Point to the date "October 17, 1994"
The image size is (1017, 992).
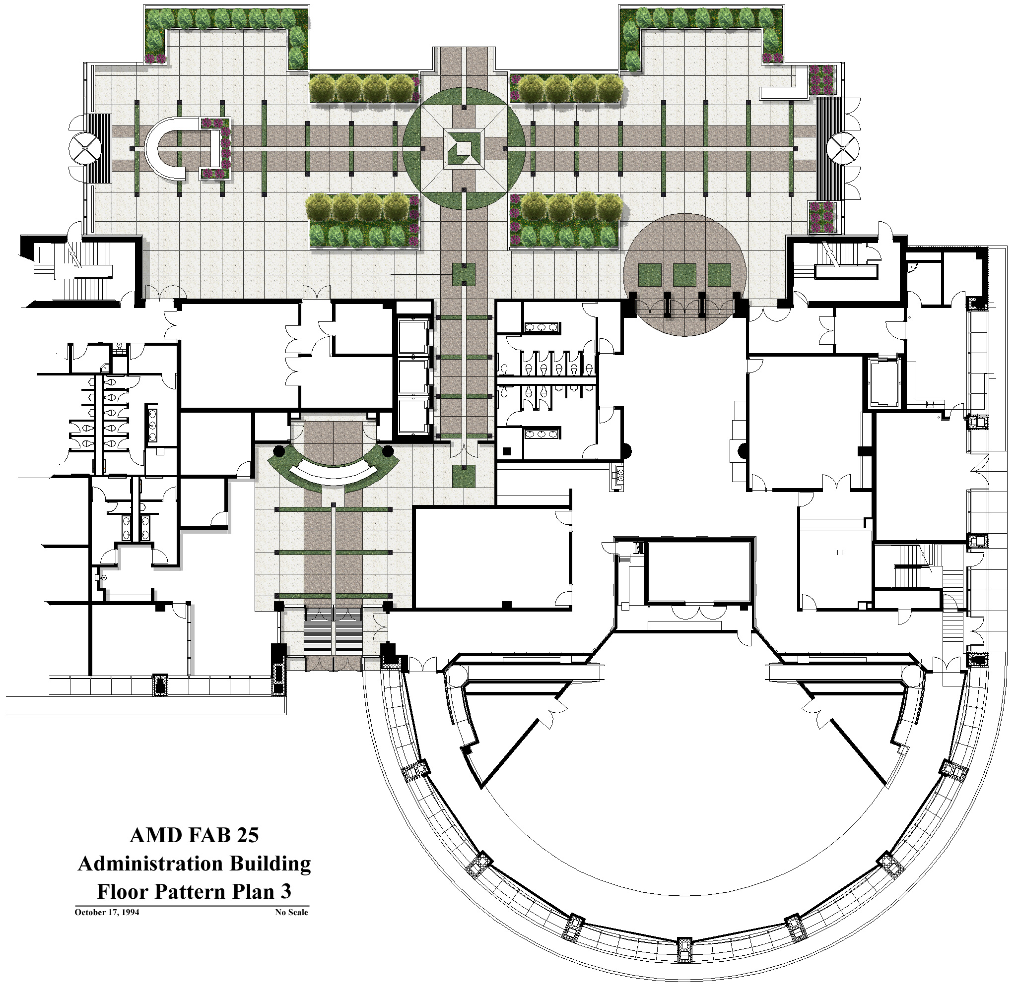(x=107, y=912)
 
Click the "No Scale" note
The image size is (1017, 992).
(x=291, y=912)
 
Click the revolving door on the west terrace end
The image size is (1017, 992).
(x=84, y=148)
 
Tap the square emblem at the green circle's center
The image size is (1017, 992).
(x=464, y=148)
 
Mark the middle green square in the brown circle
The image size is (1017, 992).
(x=684, y=275)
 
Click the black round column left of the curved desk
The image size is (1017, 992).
(x=279, y=451)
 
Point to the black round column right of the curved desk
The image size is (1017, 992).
(x=387, y=451)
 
